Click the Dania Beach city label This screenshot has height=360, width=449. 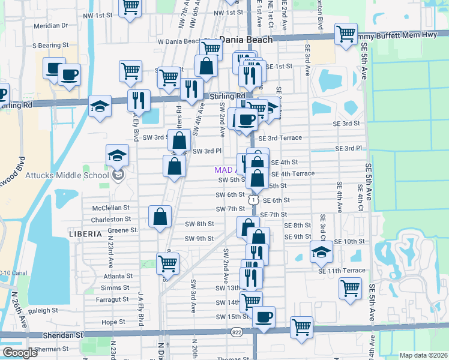[246, 40]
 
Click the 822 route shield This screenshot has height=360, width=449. [238, 331]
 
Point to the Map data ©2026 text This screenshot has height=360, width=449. [423, 355]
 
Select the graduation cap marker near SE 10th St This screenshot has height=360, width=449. [321, 251]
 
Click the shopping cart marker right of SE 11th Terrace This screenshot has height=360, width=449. [350, 287]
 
